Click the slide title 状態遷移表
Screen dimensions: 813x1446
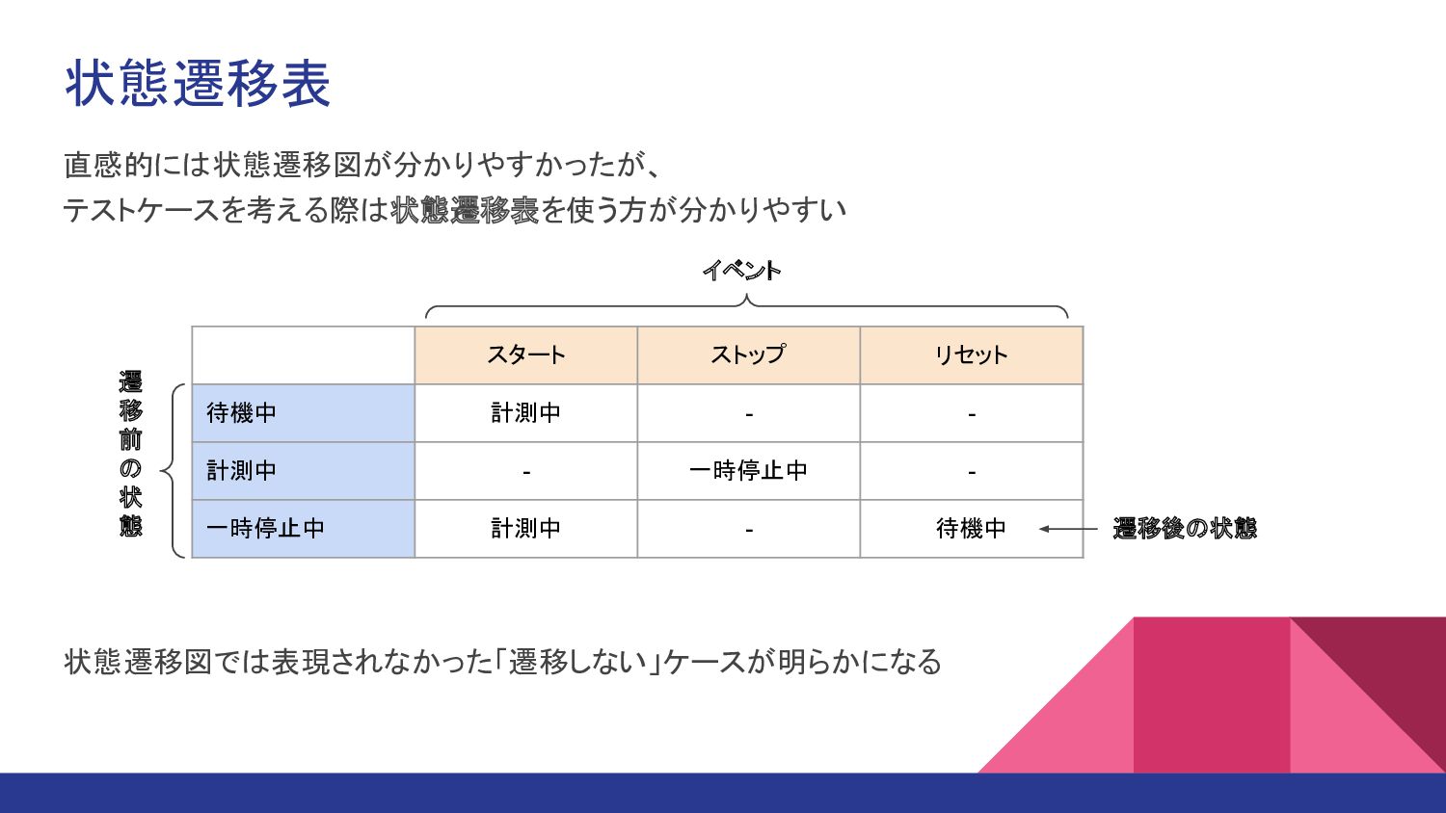click(198, 83)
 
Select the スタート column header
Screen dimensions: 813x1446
click(525, 355)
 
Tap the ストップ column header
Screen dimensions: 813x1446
click(748, 355)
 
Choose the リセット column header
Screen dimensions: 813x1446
click(971, 355)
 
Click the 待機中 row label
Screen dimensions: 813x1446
click(242, 413)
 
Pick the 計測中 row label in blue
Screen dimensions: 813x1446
click(242, 471)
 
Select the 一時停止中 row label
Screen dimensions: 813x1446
click(265, 529)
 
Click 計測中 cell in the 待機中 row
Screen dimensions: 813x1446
click(525, 413)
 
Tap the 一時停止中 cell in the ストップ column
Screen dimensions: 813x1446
click(748, 471)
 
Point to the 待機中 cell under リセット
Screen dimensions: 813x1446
click(971, 529)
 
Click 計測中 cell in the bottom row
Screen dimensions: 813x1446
click(525, 529)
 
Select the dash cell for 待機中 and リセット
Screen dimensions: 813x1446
click(971, 414)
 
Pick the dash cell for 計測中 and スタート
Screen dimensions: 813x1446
click(525, 472)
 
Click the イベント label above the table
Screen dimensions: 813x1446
click(741, 271)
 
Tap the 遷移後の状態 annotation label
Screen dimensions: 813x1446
click(1185, 529)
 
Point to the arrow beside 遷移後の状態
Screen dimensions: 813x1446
click(1068, 529)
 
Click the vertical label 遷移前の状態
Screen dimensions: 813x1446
click(131, 454)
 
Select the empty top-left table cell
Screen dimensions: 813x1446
click(303, 355)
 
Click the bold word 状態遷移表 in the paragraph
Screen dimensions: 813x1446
click(465, 210)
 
